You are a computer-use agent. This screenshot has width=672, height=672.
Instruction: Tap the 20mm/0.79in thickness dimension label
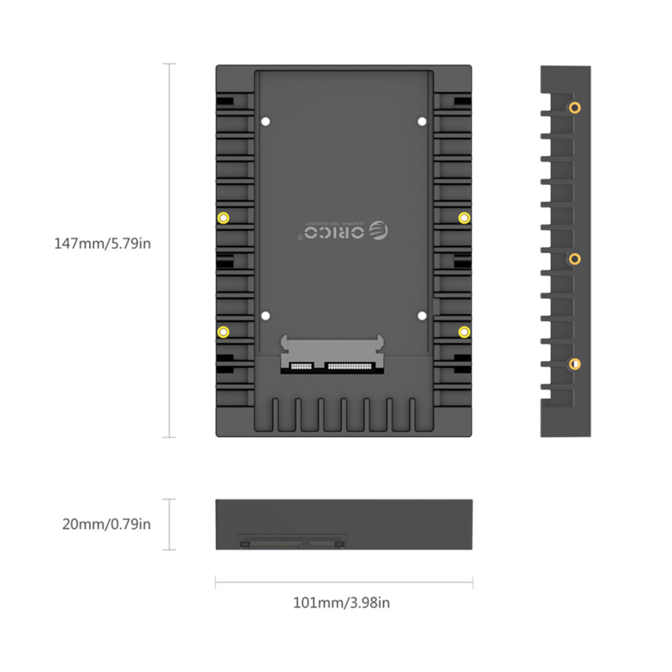coord(107,525)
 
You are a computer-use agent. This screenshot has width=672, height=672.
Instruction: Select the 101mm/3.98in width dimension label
coord(341,602)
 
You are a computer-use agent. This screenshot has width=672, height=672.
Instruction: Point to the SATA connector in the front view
coord(333,358)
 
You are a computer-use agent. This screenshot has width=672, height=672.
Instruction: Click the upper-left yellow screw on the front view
coord(223,218)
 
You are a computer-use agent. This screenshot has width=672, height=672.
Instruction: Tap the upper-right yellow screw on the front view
coord(464,218)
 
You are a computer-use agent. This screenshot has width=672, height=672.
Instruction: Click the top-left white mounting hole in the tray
coord(265,121)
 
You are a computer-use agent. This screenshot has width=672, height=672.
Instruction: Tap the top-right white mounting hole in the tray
coord(422,121)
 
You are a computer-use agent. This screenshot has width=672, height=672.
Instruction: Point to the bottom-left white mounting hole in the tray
coord(265,317)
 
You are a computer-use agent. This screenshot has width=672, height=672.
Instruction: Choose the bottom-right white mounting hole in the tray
coord(422,317)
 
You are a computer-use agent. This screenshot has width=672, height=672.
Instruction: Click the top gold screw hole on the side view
coord(575,108)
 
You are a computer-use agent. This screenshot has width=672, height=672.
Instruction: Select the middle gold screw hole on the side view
coord(575,259)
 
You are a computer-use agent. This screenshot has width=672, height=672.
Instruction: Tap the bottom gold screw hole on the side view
coord(575,364)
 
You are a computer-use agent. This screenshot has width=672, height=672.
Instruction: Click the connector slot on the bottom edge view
coord(293,543)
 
